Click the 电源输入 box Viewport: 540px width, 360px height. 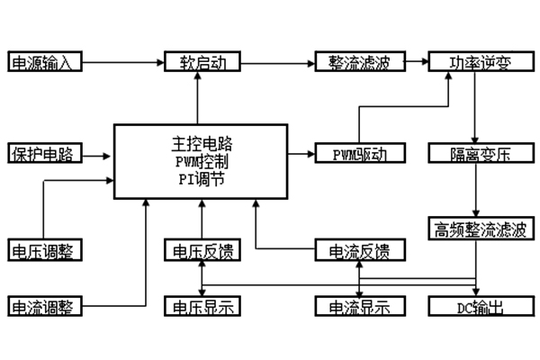click(45, 63)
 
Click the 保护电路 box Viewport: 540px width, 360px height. click(45, 153)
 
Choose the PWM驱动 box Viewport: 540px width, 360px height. click(352, 153)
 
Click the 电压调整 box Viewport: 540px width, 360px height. click(45, 250)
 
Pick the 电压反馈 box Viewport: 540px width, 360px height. click(199, 250)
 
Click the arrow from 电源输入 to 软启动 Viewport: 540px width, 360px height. click(124, 63)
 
